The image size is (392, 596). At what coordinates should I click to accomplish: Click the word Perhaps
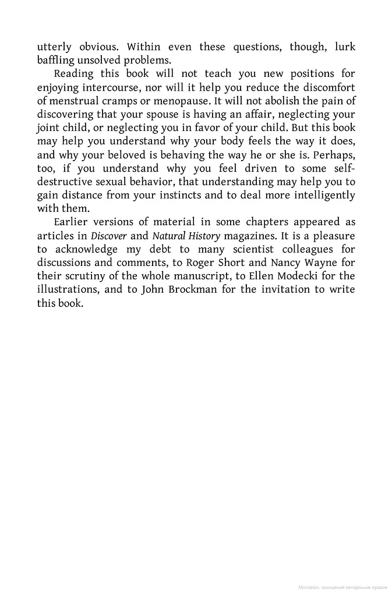click(333, 155)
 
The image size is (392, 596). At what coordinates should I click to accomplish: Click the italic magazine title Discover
click(108, 236)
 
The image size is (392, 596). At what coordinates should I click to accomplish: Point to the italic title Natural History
click(186, 236)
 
